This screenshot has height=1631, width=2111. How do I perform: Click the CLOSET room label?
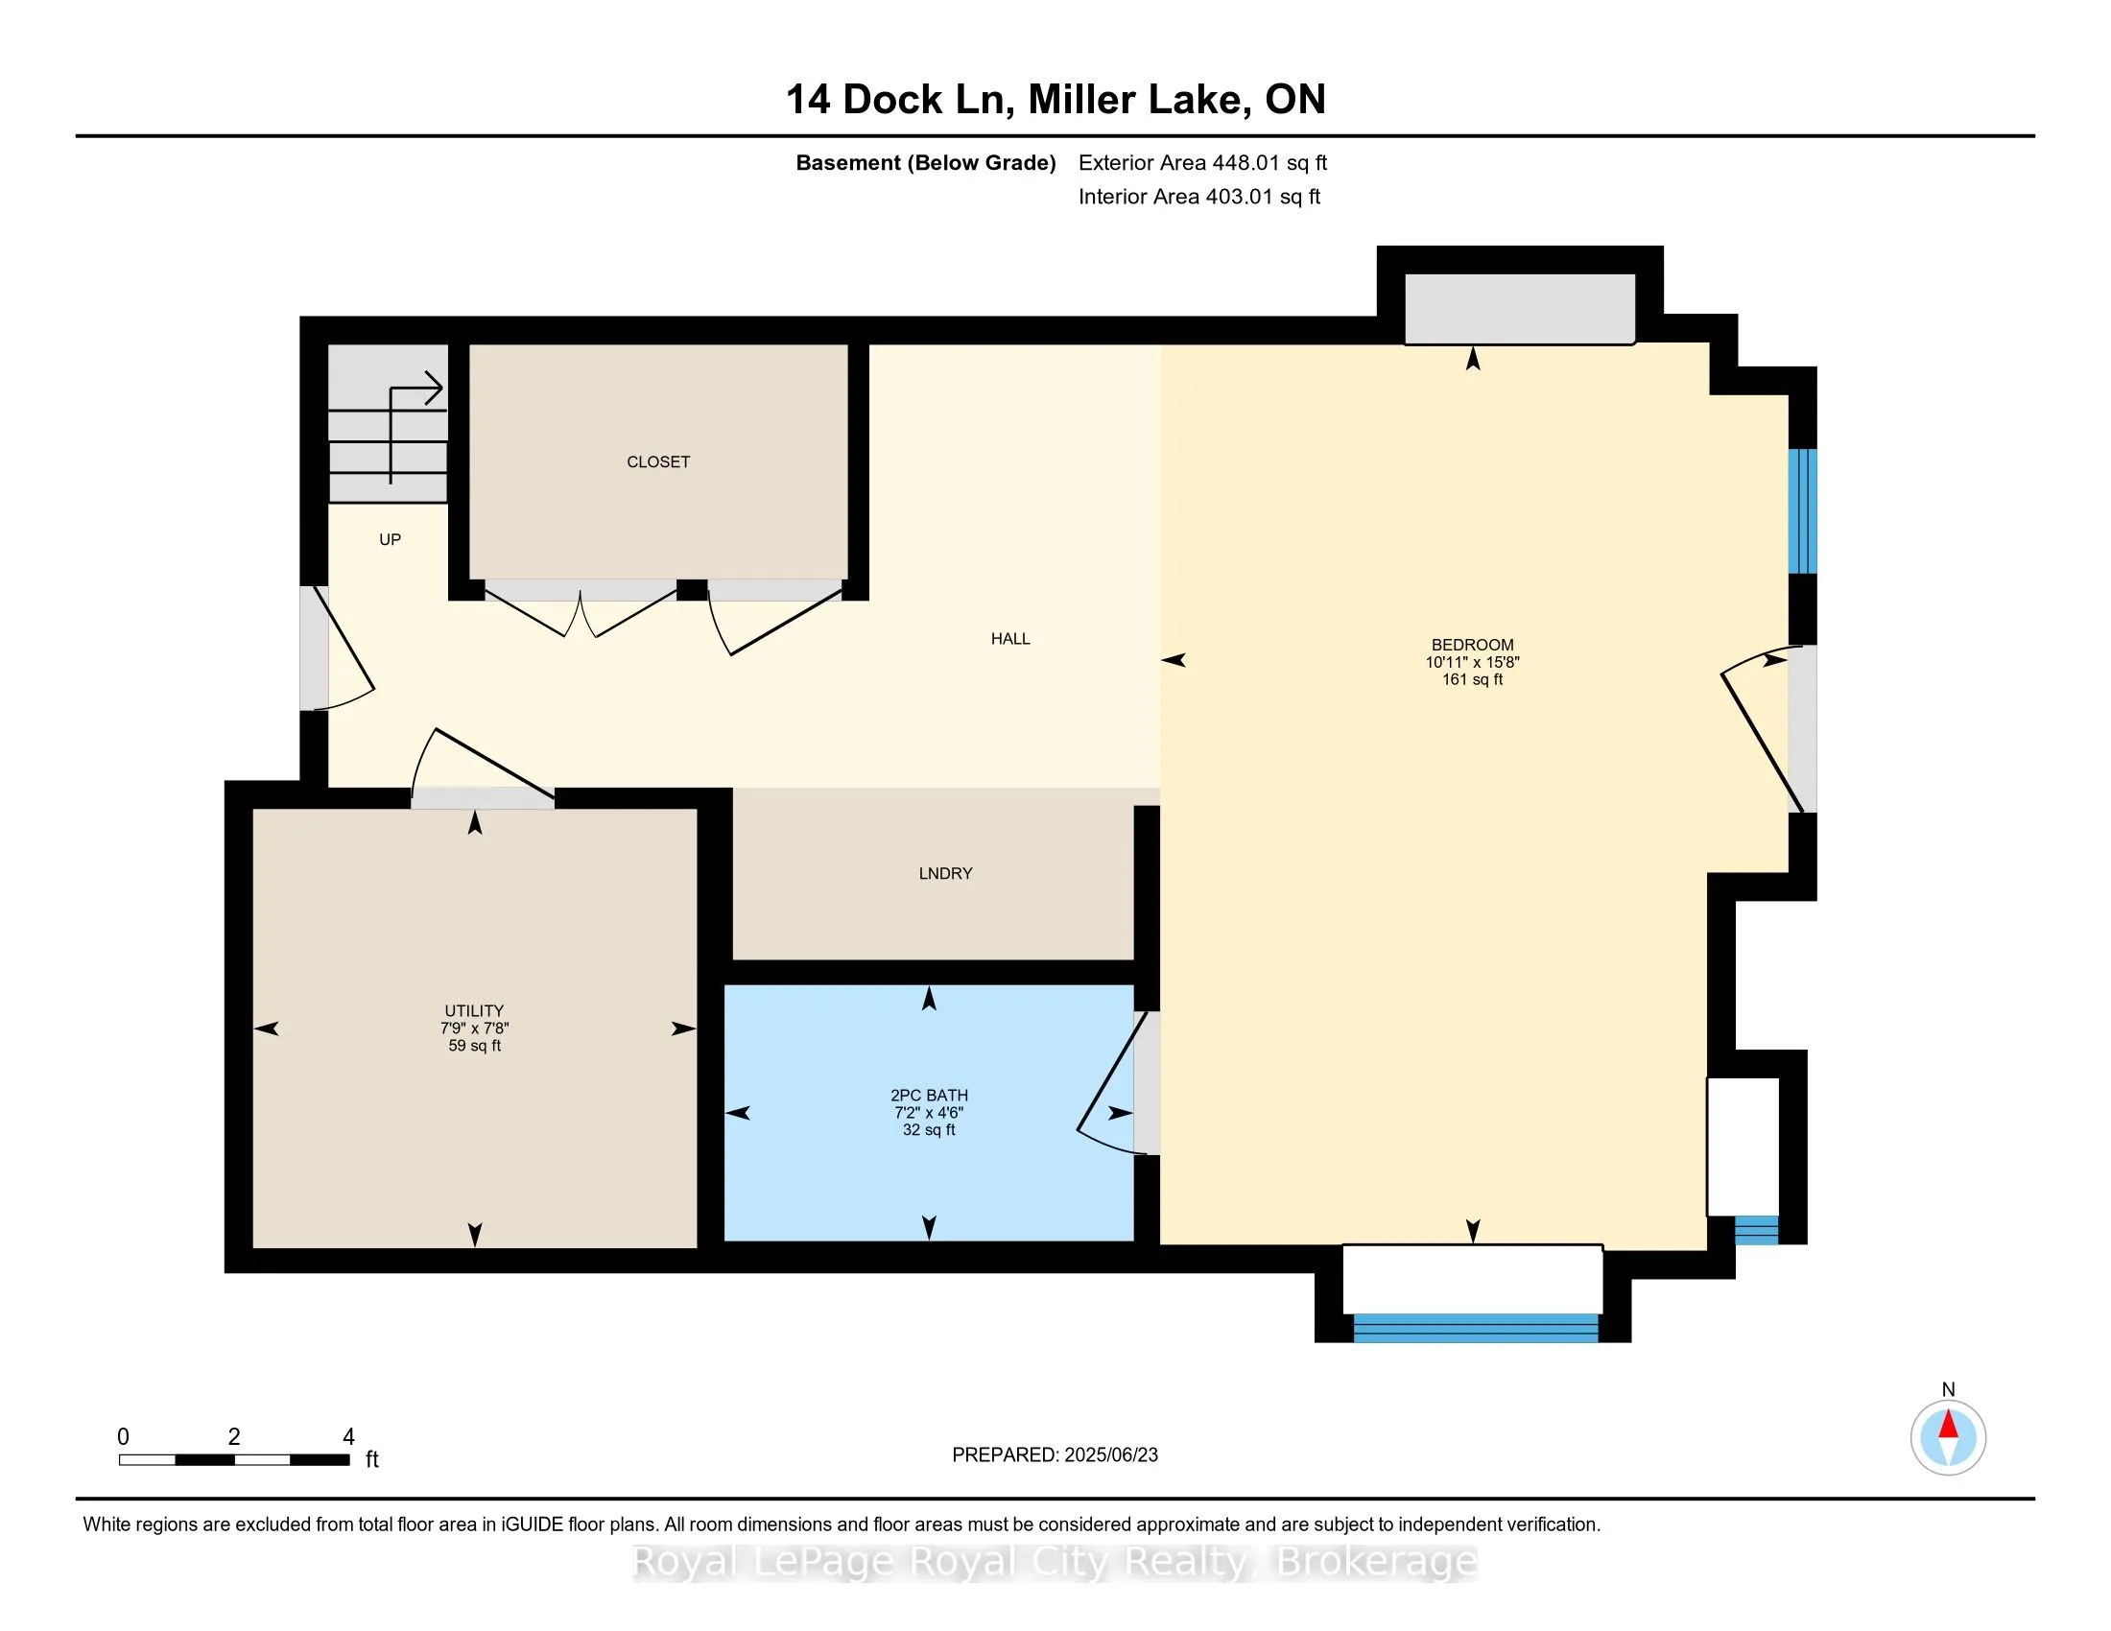coord(658,461)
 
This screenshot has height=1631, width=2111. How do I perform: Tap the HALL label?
coord(1010,639)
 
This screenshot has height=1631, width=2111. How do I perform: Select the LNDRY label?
coord(945,873)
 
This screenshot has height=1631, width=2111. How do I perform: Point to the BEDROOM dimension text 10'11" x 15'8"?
coord(1472,663)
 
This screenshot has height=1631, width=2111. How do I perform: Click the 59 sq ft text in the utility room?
coord(475,1046)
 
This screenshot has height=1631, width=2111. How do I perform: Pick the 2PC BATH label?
coord(929,1096)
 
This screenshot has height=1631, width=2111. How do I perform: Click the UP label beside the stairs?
coord(390,539)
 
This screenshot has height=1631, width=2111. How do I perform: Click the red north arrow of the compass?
coord(1949,1425)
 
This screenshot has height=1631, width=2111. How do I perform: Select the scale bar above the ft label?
coord(234,1460)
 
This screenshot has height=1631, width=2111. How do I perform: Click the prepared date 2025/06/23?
coord(1109,1455)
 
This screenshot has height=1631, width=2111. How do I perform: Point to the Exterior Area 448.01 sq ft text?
coord(1202,162)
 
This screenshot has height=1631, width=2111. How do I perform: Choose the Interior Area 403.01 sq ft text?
coord(1198,196)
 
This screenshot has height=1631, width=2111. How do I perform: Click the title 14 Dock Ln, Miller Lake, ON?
coord(1055,99)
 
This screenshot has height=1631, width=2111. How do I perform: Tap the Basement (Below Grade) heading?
coord(925,162)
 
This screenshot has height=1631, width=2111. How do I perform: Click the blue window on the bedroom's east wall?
coord(1803,511)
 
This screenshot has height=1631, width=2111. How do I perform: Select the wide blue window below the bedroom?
coord(1475,1328)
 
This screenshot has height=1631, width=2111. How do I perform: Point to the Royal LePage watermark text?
coord(1055,1562)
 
